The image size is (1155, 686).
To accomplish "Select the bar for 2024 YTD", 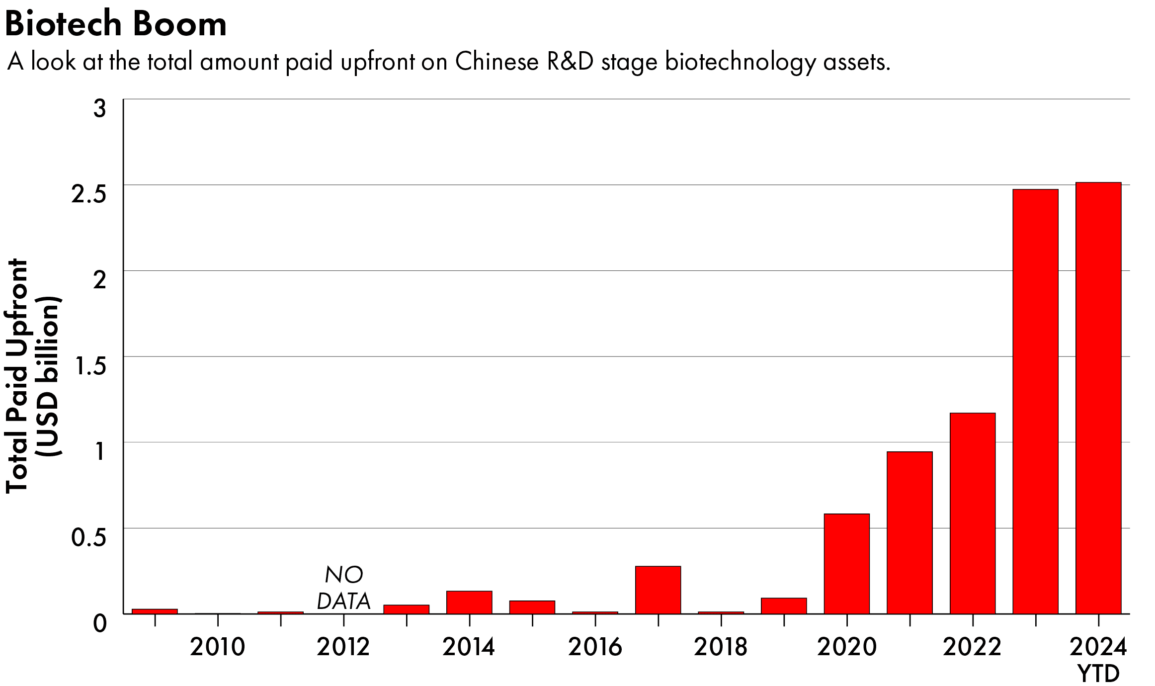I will pos(1098,398).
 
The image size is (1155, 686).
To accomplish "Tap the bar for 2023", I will pos(1035,402).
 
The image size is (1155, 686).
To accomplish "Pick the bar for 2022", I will pos(972,513).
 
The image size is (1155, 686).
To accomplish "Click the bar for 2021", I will pos(909,532).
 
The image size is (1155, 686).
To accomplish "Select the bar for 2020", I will pos(846,564).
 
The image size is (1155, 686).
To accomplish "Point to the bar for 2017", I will pos(658,590).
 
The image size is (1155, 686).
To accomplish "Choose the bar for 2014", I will pos(469,602).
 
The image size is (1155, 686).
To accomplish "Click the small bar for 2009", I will pos(155,611).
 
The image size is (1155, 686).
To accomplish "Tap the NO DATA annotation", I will pos(343,588).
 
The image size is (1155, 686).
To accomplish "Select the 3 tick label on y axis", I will pos(99,109).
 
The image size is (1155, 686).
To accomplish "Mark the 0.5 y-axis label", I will pos(89,538).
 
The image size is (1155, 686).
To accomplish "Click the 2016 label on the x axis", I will pos(595,647).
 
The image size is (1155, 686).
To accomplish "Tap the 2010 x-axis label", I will pos(218,647).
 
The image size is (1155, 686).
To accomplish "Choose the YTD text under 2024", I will pos(1098,674).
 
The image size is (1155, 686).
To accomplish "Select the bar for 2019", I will pos(784,605).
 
